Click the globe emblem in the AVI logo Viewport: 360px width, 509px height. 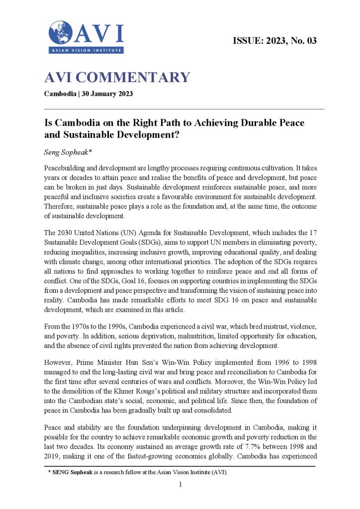60,32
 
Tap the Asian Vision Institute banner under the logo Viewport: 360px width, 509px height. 86,50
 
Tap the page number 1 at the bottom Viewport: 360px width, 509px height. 181,484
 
